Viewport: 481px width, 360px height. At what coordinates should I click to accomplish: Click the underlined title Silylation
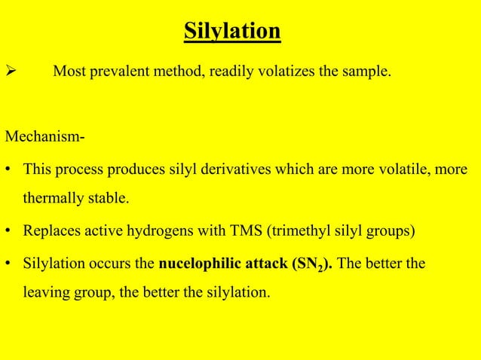232,32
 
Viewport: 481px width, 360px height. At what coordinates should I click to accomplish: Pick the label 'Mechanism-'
44,138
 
